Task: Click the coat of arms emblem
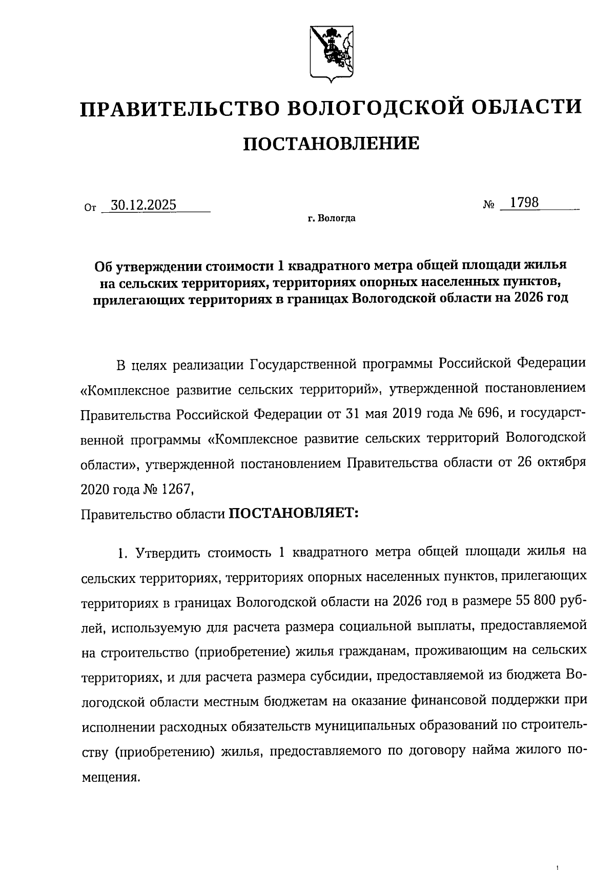tap(331, 53)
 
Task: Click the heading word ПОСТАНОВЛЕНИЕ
tap(331, 144)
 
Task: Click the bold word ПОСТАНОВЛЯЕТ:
tap(292, 513)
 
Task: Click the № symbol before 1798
tap(489, 205)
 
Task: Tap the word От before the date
tap(89, 208)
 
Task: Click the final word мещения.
tap(110, 776)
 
